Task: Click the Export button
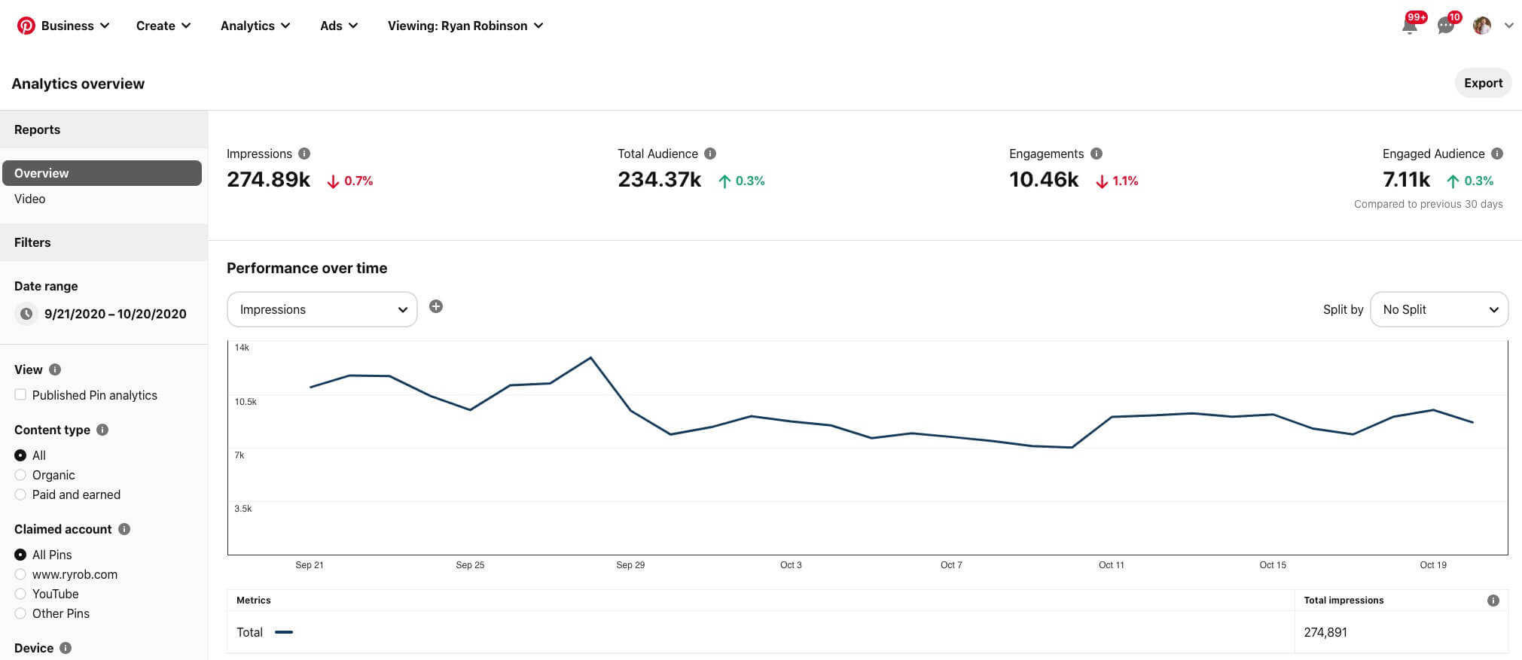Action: pyautogui.click(x=1482, y=83)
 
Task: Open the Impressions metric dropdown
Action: pyautogui.click(x=322, y=309)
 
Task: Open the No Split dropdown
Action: pyautogui.click(x=1438, y=309)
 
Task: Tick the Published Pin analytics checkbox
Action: pyautogui.click(x=20, y=395)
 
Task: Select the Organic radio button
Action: pyautogui.click(x=20, y=475)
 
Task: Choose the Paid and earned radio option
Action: pyautogui.click(x=20, y=494)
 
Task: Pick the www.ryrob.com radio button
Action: pyautogui.click(x=20, y=574)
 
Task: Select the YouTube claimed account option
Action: pyautogui.click(x=20, y=594)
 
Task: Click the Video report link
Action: pyautogui.click(x=30, y=199)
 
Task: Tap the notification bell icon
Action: pyautogui.click(x=1410, y=26)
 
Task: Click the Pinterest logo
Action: pyautogui.click(x=26, y=26)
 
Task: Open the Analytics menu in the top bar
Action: pyautogui.click(x=255, y=26)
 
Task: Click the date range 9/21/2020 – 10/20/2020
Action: pyautogui.click(x=114, y=314)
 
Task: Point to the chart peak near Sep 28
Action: pyautogui.click(x=590, y=357)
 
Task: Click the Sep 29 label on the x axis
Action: pyautogui.click(x=630, y=565)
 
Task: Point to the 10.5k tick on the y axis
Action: pyautogui.click(x=246, y=402)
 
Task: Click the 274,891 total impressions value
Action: pyautogui.click(x=1325, y=632)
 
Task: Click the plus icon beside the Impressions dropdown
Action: pyautogui.click(x=436, y=306)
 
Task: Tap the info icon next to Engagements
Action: pyautogui.click(x=1097, y=154)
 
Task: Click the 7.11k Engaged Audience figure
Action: pyautogui.click(x=1406, y=180)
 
